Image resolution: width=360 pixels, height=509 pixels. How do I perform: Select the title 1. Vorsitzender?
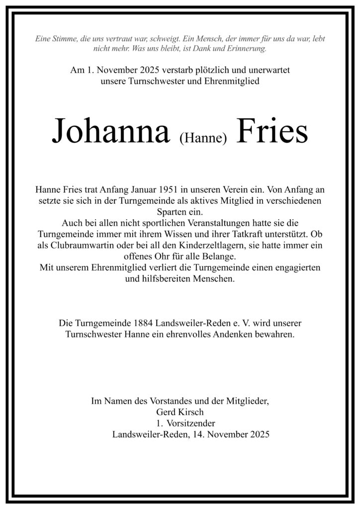(x=180, y=424)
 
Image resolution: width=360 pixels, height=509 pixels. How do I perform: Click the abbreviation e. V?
(x=244, y=323)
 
